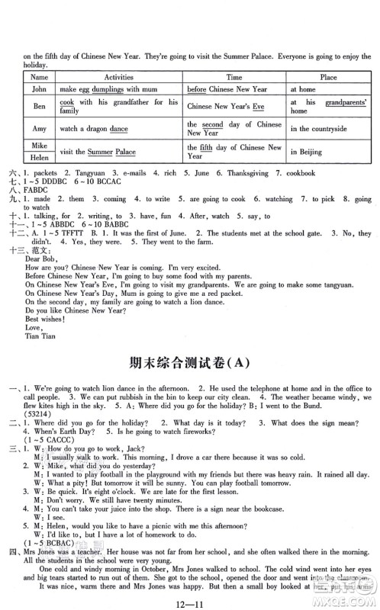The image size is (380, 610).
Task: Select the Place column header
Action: (329, 77)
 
